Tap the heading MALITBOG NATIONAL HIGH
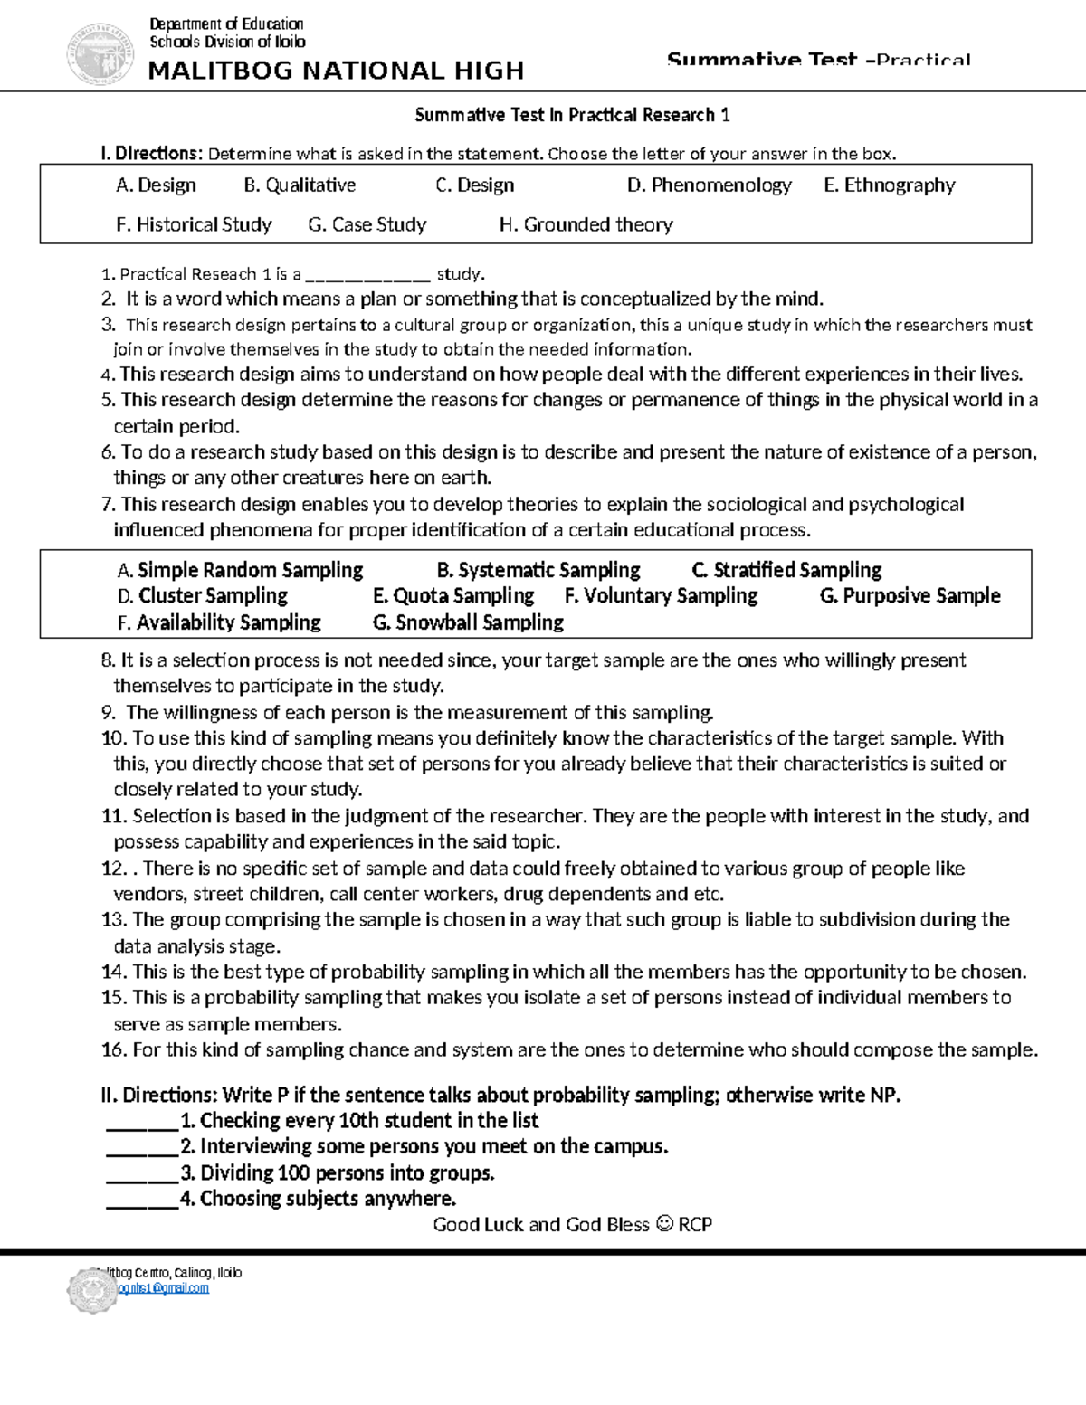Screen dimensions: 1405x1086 pos(336,71)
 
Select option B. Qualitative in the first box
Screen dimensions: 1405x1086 pos(300,185)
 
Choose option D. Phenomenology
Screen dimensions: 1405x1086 pos(709,185)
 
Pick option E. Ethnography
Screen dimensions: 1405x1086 pos(889,185)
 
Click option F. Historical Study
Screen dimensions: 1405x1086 pos(194,224)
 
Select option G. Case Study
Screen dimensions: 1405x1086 pos(367,224)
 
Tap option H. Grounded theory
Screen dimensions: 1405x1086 pos(586,224)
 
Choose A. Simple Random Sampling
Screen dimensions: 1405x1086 pos(240,570)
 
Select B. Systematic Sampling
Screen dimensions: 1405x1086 pos(538,570)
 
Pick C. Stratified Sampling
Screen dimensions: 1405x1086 pos(786,570)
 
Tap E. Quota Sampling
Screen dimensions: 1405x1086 pos(453,595)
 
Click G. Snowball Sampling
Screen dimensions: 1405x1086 pos(468,622)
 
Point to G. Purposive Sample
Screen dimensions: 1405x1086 pos(910,595)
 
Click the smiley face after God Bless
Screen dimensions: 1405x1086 pos(663,1224)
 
